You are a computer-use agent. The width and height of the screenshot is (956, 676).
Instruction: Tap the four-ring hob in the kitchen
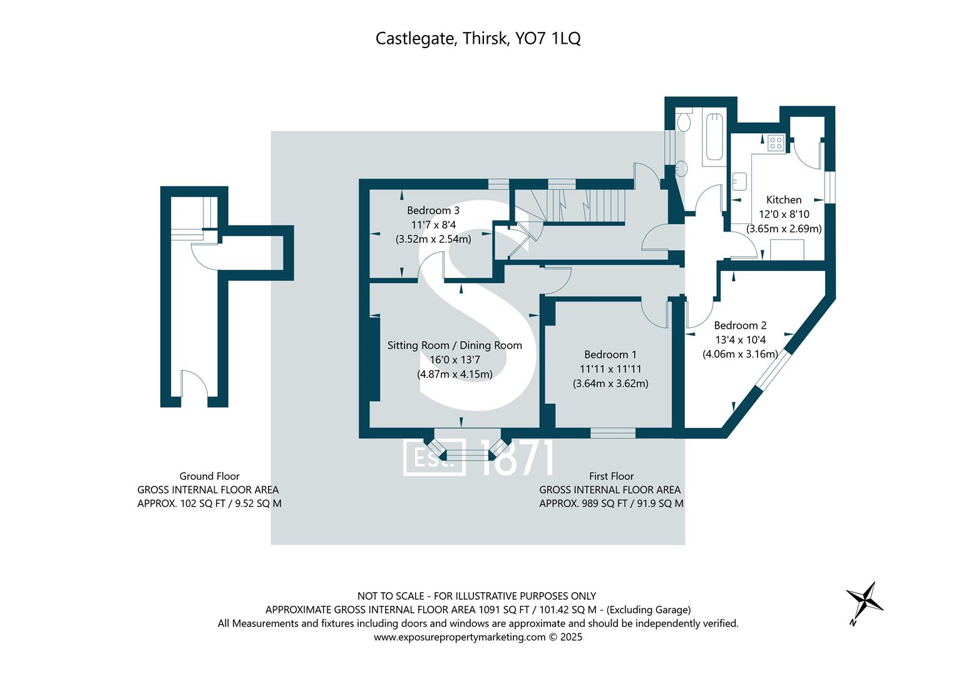[x=776, y=143]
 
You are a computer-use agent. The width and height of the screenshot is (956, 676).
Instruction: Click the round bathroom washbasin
[x=681, y=168]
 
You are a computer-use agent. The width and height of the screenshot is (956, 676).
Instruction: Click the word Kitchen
[x=784, y=200]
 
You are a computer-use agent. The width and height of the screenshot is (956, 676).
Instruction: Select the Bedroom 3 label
[x=433, y=210]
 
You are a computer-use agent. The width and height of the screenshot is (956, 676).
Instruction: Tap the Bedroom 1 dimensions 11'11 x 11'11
[x=610, y=369]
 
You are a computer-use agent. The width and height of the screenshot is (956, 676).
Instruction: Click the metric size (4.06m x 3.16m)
[x=740, y=354]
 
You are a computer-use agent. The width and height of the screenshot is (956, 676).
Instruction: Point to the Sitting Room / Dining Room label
[x=455, y=346]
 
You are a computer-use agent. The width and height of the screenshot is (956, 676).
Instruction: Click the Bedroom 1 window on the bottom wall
[x=613, y=433]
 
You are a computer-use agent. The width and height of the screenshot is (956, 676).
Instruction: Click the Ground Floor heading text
[x=209, y=476]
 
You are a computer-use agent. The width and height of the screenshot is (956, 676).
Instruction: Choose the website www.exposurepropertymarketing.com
[x=460, y=637]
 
